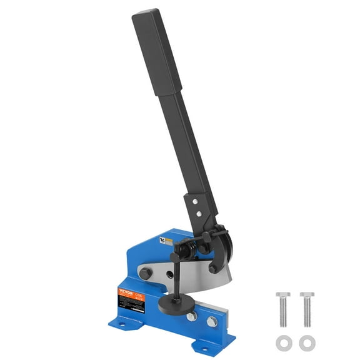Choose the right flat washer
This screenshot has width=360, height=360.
coord(306,342)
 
